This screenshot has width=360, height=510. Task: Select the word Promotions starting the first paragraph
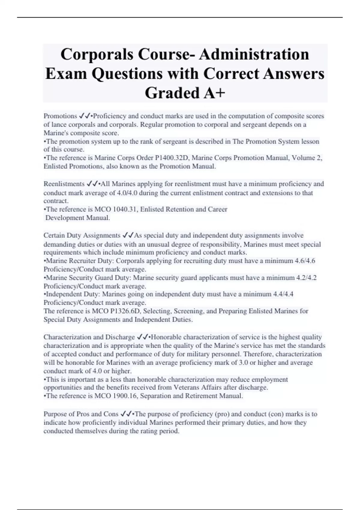[60, 116]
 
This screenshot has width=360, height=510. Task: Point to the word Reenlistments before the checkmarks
[64, 184]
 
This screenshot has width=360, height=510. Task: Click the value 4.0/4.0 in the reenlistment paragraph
[127, 193]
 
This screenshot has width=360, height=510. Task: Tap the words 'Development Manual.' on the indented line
[78, 218]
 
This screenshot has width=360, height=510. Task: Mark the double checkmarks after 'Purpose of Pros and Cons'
[126, 414]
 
